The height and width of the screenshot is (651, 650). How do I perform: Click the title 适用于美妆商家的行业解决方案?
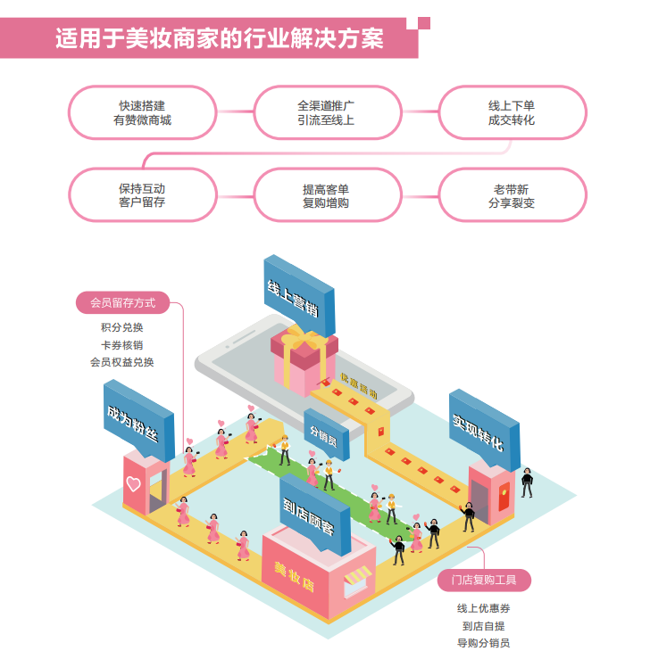tap(220, 39)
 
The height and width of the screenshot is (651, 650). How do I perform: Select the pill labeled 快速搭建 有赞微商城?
tap(143, 112)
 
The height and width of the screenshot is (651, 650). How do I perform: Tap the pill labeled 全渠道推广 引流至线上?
tap(327, 112)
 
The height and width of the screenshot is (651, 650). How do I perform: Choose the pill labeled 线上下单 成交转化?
tap(512, 112)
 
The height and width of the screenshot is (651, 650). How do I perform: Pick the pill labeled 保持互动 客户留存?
tap(143, 195)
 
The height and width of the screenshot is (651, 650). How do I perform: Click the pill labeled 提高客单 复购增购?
tap(327, 195)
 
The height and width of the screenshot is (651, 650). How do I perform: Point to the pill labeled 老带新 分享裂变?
tap(512, 195)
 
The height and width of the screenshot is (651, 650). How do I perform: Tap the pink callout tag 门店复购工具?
tap(485, 581)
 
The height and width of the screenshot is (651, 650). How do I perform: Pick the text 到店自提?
tap(484, 625)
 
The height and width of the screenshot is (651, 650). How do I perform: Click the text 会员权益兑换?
tap(122, 362)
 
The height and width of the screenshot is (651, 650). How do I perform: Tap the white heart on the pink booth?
tap(133, 485)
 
